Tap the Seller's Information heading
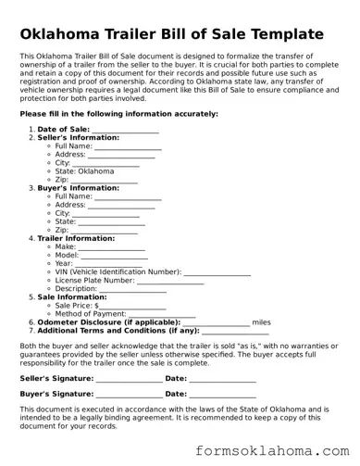click(x=78, y=137)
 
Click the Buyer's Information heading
click(x=77, y=188)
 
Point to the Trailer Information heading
click(x=76, y=238)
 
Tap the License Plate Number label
click(x=95, y=280)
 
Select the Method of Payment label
click(x=91, y=313)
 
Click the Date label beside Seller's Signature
click(x=176, y=378)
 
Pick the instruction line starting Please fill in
click(x=118, y=113)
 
